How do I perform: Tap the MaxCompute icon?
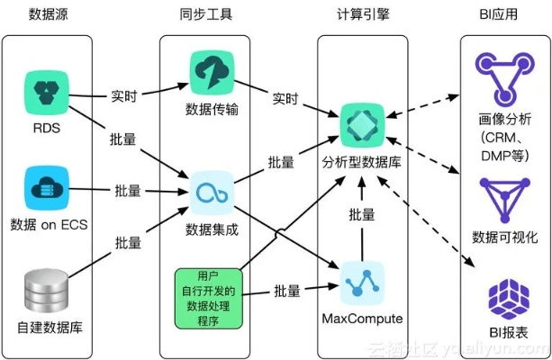pyautogui.click(x=361, y=282)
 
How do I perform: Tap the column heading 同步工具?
pyautogui.click(x=213, y=14)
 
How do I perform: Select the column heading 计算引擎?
pyautogui.click(x=360, y=14)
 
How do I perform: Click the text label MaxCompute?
pyautogui.click(x=361, y=319)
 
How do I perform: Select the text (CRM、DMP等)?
pyautogui.click(x=505, y=139)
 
